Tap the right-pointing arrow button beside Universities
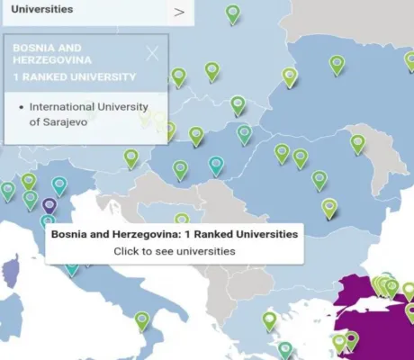[179, 12]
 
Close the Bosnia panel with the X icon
[152, 53]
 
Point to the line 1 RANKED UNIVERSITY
[75, 76]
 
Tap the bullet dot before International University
[21, 107]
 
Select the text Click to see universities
[175, 251]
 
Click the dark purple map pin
[49, 206]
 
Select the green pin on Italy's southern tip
[142, 319]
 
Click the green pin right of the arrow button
[233, 13]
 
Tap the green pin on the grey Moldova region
[358, 143]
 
